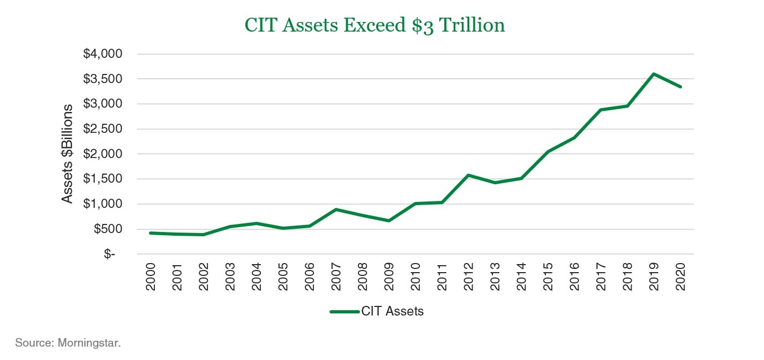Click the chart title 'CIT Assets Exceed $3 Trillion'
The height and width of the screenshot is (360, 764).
coord(374,25)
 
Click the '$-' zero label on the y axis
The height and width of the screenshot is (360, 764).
coord(110,254)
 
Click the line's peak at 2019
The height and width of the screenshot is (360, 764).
coord(654,74)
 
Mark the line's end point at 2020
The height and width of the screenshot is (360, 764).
coord(680,87)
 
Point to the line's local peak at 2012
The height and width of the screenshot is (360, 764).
coord(468,175)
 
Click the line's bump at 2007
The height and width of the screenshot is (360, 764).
coord(336,209)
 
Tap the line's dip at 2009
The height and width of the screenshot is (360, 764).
coord(389,221)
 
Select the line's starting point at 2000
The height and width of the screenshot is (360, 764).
coord(151,233)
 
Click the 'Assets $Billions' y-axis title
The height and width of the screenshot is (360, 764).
coord(67,154)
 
